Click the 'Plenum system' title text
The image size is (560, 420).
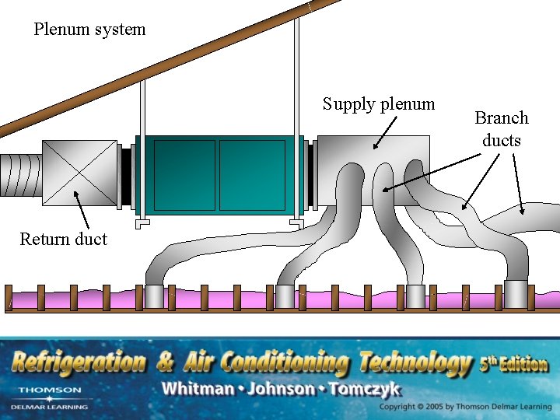click(89, 30)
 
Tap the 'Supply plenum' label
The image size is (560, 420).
click(379, 104)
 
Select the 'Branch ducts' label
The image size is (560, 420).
click(502, 129)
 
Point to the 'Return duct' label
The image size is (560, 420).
click(63, 239)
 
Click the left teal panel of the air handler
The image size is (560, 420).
click(184, 175)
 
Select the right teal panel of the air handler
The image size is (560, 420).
click(252, 175)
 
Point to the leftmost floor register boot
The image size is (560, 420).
click(155, 296)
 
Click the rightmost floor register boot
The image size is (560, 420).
click(516, 294)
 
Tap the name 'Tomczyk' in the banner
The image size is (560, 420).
click(365, 389)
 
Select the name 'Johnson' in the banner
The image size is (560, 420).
click(279, 389)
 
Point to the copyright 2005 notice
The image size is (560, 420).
click(466, 407)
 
